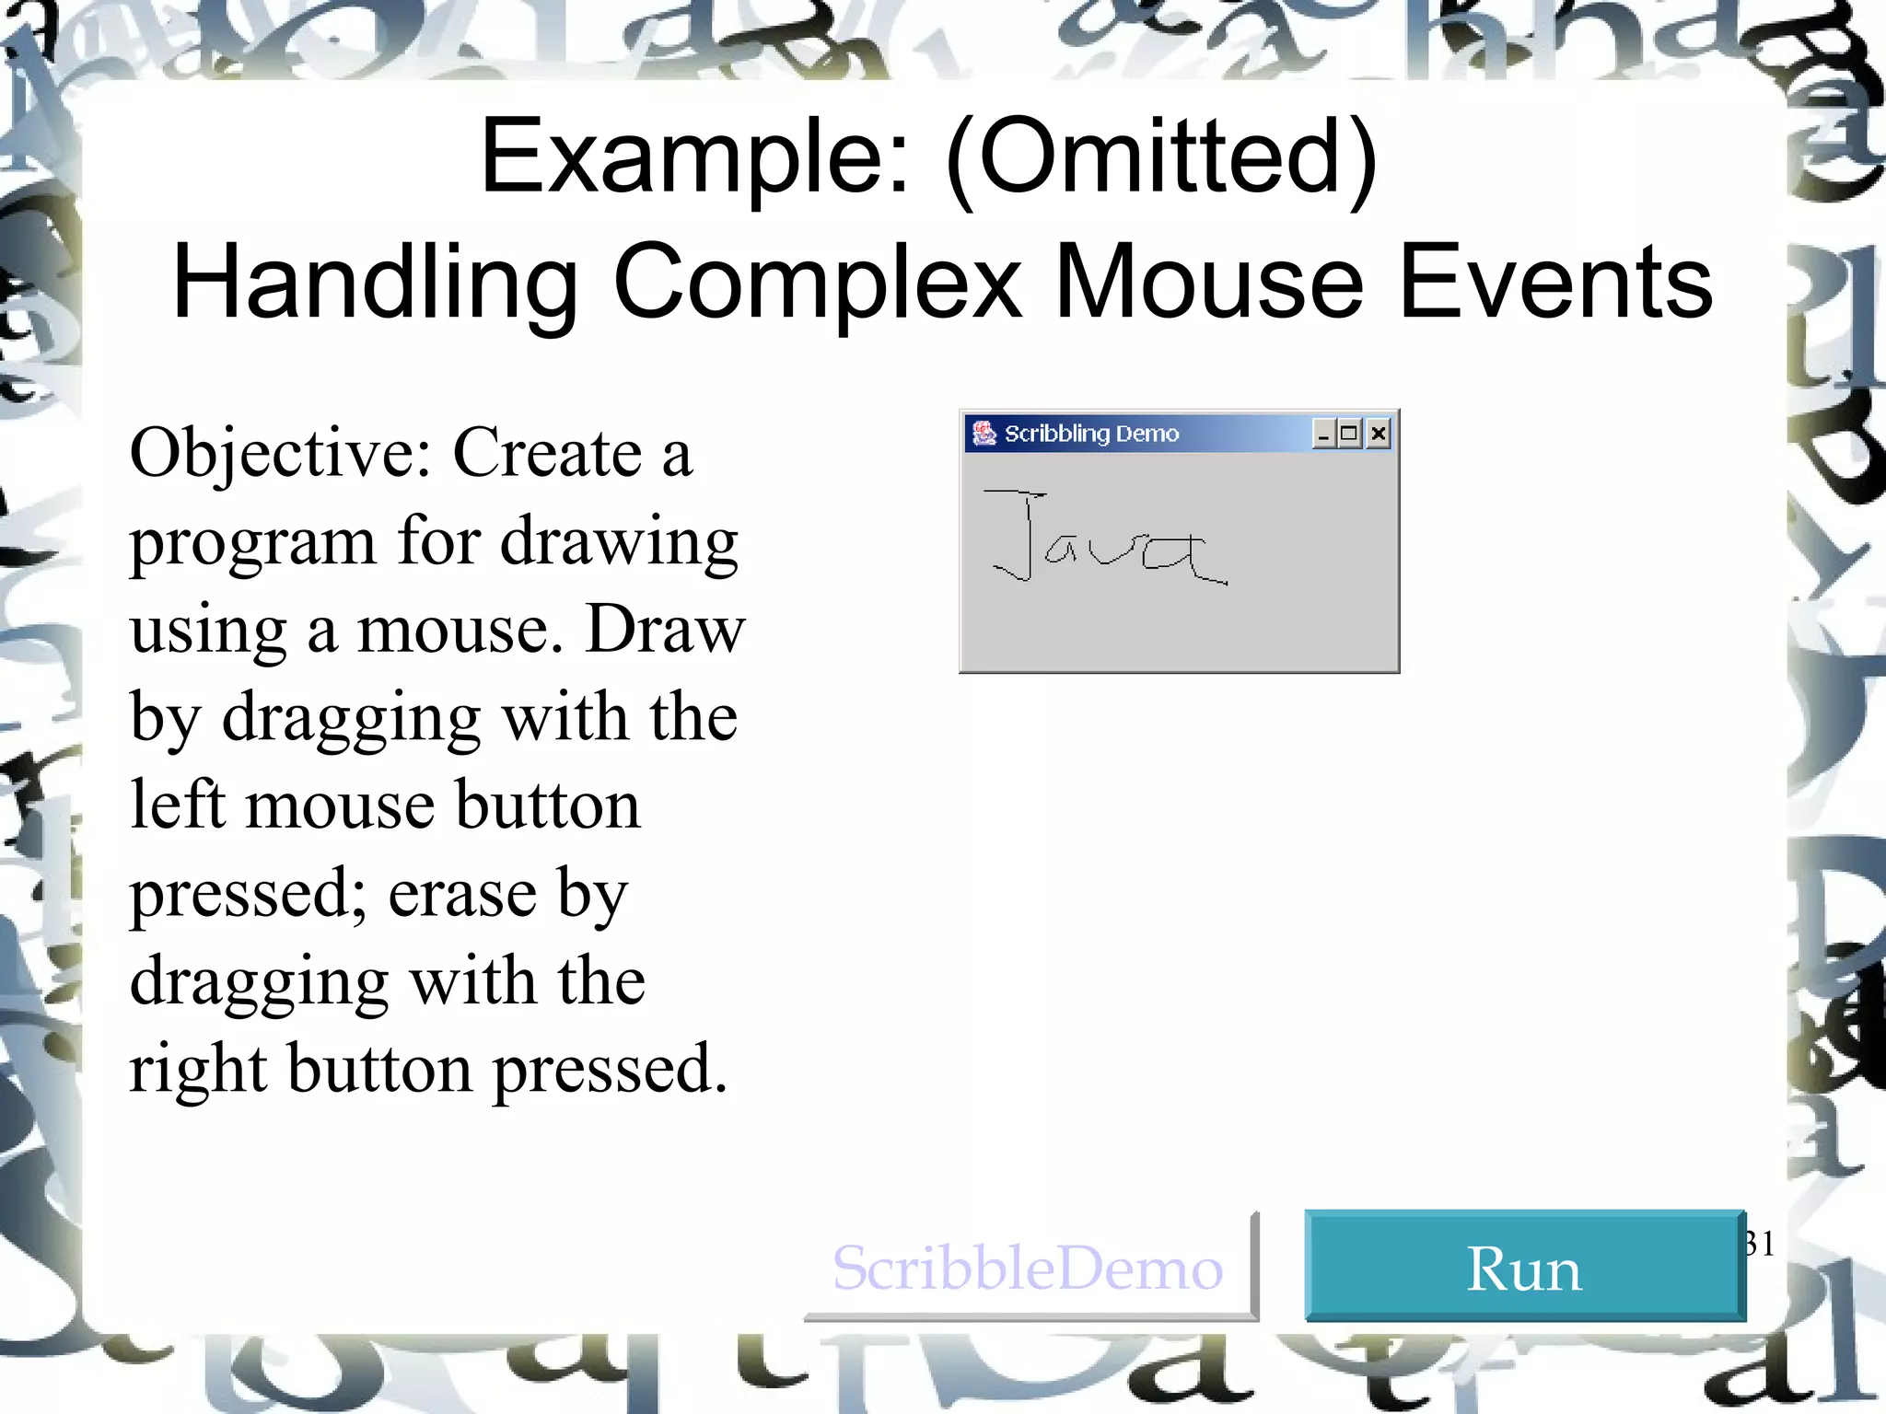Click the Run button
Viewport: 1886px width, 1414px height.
coord(1524,1267)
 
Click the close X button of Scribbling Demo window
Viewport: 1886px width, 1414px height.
coord(1378,434)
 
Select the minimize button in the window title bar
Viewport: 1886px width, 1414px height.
coord(1323,434)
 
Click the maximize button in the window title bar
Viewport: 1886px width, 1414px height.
coord(1350,434)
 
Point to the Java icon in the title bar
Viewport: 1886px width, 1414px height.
coord(984,433)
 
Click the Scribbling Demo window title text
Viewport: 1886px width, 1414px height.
coord(1091,434)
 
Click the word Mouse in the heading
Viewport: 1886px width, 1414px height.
coord(1208,283)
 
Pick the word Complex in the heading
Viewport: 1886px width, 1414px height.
coord(818,283)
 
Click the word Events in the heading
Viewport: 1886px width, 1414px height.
coord(1555,283)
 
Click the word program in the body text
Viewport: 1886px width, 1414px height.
coord(252,543)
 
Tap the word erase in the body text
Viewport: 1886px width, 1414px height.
coord(461,894)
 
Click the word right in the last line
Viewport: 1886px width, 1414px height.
coord(197,1071)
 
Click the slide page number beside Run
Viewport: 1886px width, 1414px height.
coord(1760,1243)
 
